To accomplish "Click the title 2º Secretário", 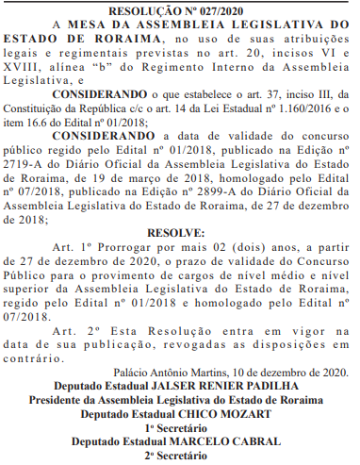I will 179,458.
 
